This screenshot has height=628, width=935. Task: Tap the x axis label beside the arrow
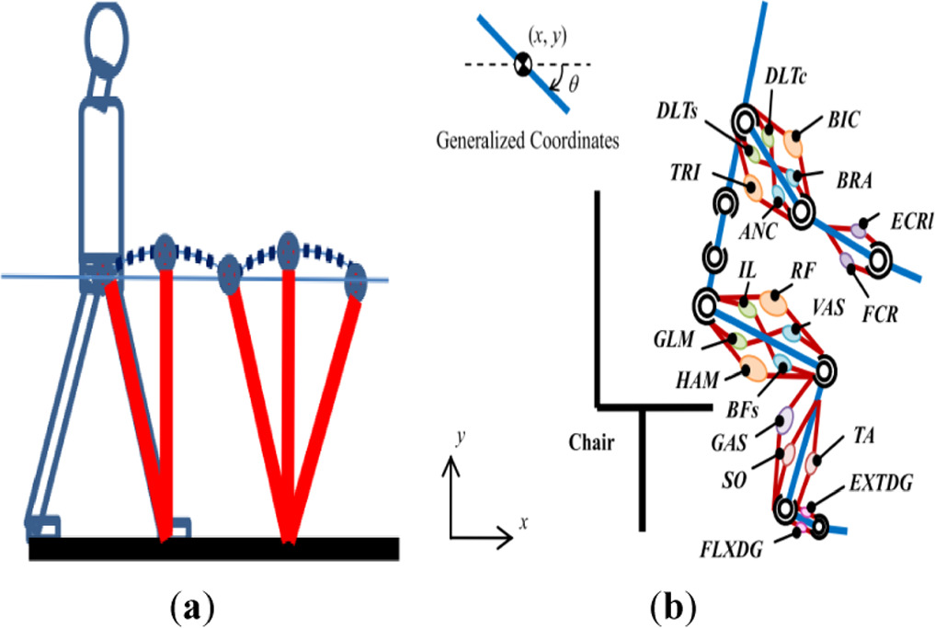click(522, 522)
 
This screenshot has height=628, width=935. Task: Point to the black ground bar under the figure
click(213, 549)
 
